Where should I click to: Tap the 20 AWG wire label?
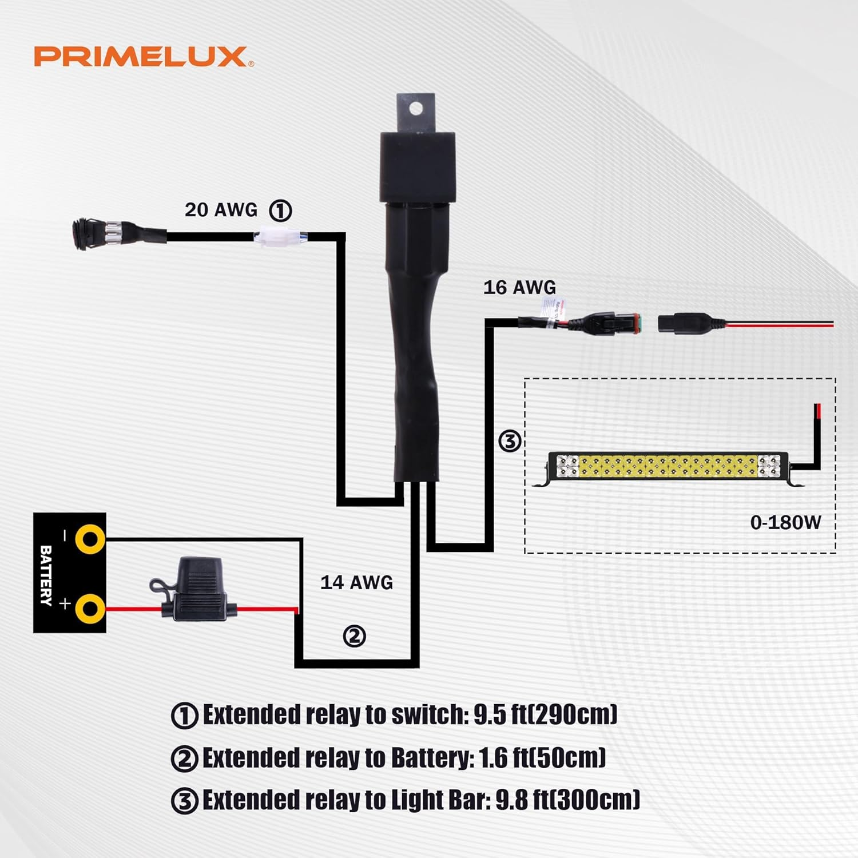tap(221, 210)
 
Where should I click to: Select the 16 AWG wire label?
tap(519, 287)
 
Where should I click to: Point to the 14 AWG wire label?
tap(356, 582)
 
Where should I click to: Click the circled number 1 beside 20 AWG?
tap(280, 210)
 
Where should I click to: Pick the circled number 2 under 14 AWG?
tap(354, 636)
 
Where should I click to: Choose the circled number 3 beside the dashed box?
tap(510, 441)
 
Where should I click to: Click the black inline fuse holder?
tap(197, 586)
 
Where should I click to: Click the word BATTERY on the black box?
tap(46, 575)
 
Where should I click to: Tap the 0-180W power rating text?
tap(785, 522)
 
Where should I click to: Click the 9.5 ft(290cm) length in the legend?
tap(545, 714)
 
